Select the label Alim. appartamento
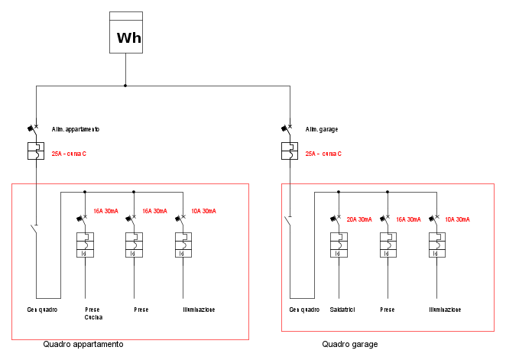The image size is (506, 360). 76,129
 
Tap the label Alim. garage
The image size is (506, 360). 323,129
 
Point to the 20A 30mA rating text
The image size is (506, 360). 359,219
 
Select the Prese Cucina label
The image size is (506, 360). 93,313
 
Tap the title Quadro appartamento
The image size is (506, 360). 83,345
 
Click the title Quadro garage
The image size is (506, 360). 349,345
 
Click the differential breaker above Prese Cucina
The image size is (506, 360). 85,244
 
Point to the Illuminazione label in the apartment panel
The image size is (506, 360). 199,310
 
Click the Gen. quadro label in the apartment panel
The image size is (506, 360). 42,310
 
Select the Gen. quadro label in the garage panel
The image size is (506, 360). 304,310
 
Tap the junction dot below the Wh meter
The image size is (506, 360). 125,86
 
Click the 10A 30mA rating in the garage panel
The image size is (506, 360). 457,219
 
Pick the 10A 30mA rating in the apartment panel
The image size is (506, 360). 203,211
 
